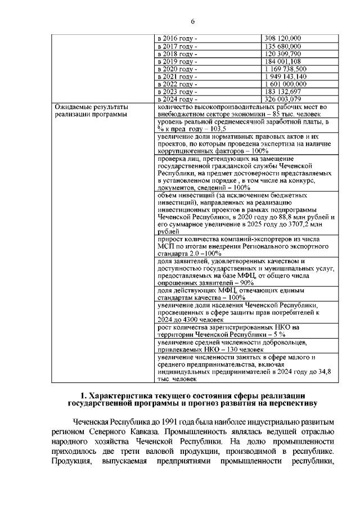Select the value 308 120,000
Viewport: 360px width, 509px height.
283,38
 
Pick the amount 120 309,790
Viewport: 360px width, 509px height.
283,53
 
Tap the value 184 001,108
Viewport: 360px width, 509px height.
283,61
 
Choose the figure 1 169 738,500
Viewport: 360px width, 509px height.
285,69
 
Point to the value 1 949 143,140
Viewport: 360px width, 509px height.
285,76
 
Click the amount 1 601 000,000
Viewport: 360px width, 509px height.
285,84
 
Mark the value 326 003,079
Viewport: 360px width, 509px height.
283,99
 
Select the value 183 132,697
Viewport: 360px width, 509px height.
283,92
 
